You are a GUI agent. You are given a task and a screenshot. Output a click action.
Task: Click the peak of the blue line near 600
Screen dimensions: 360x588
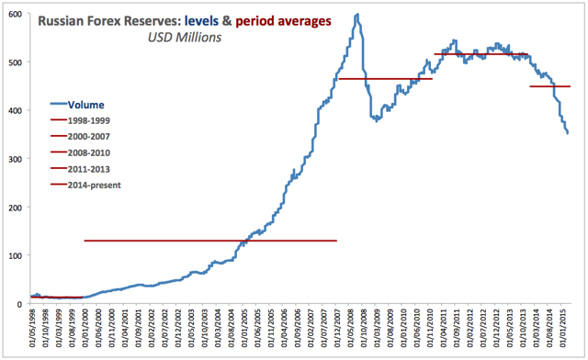[x=356, y=15]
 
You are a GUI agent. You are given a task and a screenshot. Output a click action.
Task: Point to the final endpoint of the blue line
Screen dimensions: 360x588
[x=568, y=134]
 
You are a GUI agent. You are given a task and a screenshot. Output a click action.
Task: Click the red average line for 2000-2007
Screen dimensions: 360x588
[x=210, y=241]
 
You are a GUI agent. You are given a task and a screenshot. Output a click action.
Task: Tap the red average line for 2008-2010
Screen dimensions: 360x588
[x=385, y=79]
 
